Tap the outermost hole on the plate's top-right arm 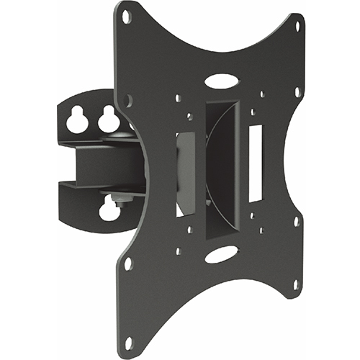point(297,23)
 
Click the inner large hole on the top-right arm point(297,92)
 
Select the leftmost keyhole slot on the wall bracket point(76,121)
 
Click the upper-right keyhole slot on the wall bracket point(109,120)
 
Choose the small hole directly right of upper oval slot point(261,94)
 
